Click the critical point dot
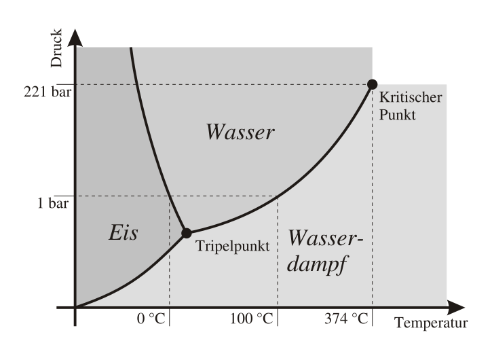(x=372, y=84)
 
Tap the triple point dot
(x=187, y=233)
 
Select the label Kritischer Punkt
(x=411, y=106)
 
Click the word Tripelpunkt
(x=233, y=246)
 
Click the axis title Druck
(x=56, y=48)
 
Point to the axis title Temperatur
(x=432, y=323)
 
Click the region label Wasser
(x=240, y=132)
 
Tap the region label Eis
(x=124, y=233)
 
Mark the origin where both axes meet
(x=75, y=307)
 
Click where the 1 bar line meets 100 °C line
(x=278, y=196)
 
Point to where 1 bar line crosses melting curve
(x=168, y=196)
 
